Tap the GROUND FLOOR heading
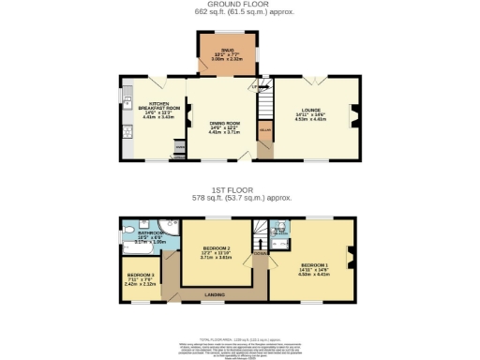tap(239, 5)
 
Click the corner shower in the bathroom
tap(167, 224)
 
